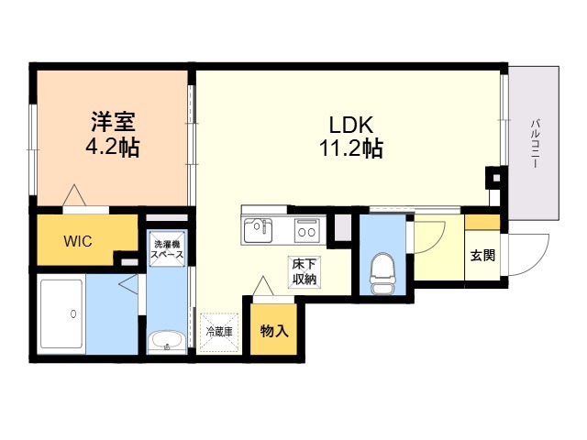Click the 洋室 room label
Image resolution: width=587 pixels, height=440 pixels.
[113, 121]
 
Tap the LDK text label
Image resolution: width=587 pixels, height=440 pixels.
[350, 125]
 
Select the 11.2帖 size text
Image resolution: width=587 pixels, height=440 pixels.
[350, 148]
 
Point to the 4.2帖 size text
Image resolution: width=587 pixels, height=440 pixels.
[113, 148]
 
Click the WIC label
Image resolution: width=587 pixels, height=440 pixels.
[78, 241]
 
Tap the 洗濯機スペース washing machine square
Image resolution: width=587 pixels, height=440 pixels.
[167, 248]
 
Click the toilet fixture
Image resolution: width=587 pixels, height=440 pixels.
[382, 273]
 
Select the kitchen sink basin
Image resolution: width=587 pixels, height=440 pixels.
[259, 231]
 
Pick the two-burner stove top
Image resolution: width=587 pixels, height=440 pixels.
[307, 231]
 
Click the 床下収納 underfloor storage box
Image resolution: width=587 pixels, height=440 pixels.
[305, 272]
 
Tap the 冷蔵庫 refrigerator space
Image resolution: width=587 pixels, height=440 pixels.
[219, 332]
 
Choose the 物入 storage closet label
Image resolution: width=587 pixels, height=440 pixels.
[274, 331]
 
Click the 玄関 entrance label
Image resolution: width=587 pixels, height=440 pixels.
[482, 255]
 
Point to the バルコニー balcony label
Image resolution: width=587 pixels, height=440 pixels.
[536, 143]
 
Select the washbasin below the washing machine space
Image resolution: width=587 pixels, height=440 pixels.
[167, 342]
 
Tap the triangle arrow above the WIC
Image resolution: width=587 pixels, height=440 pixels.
[74, 195]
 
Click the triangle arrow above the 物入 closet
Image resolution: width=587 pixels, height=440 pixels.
[263, 285]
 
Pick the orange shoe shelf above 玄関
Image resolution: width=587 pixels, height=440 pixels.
[482, 222]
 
